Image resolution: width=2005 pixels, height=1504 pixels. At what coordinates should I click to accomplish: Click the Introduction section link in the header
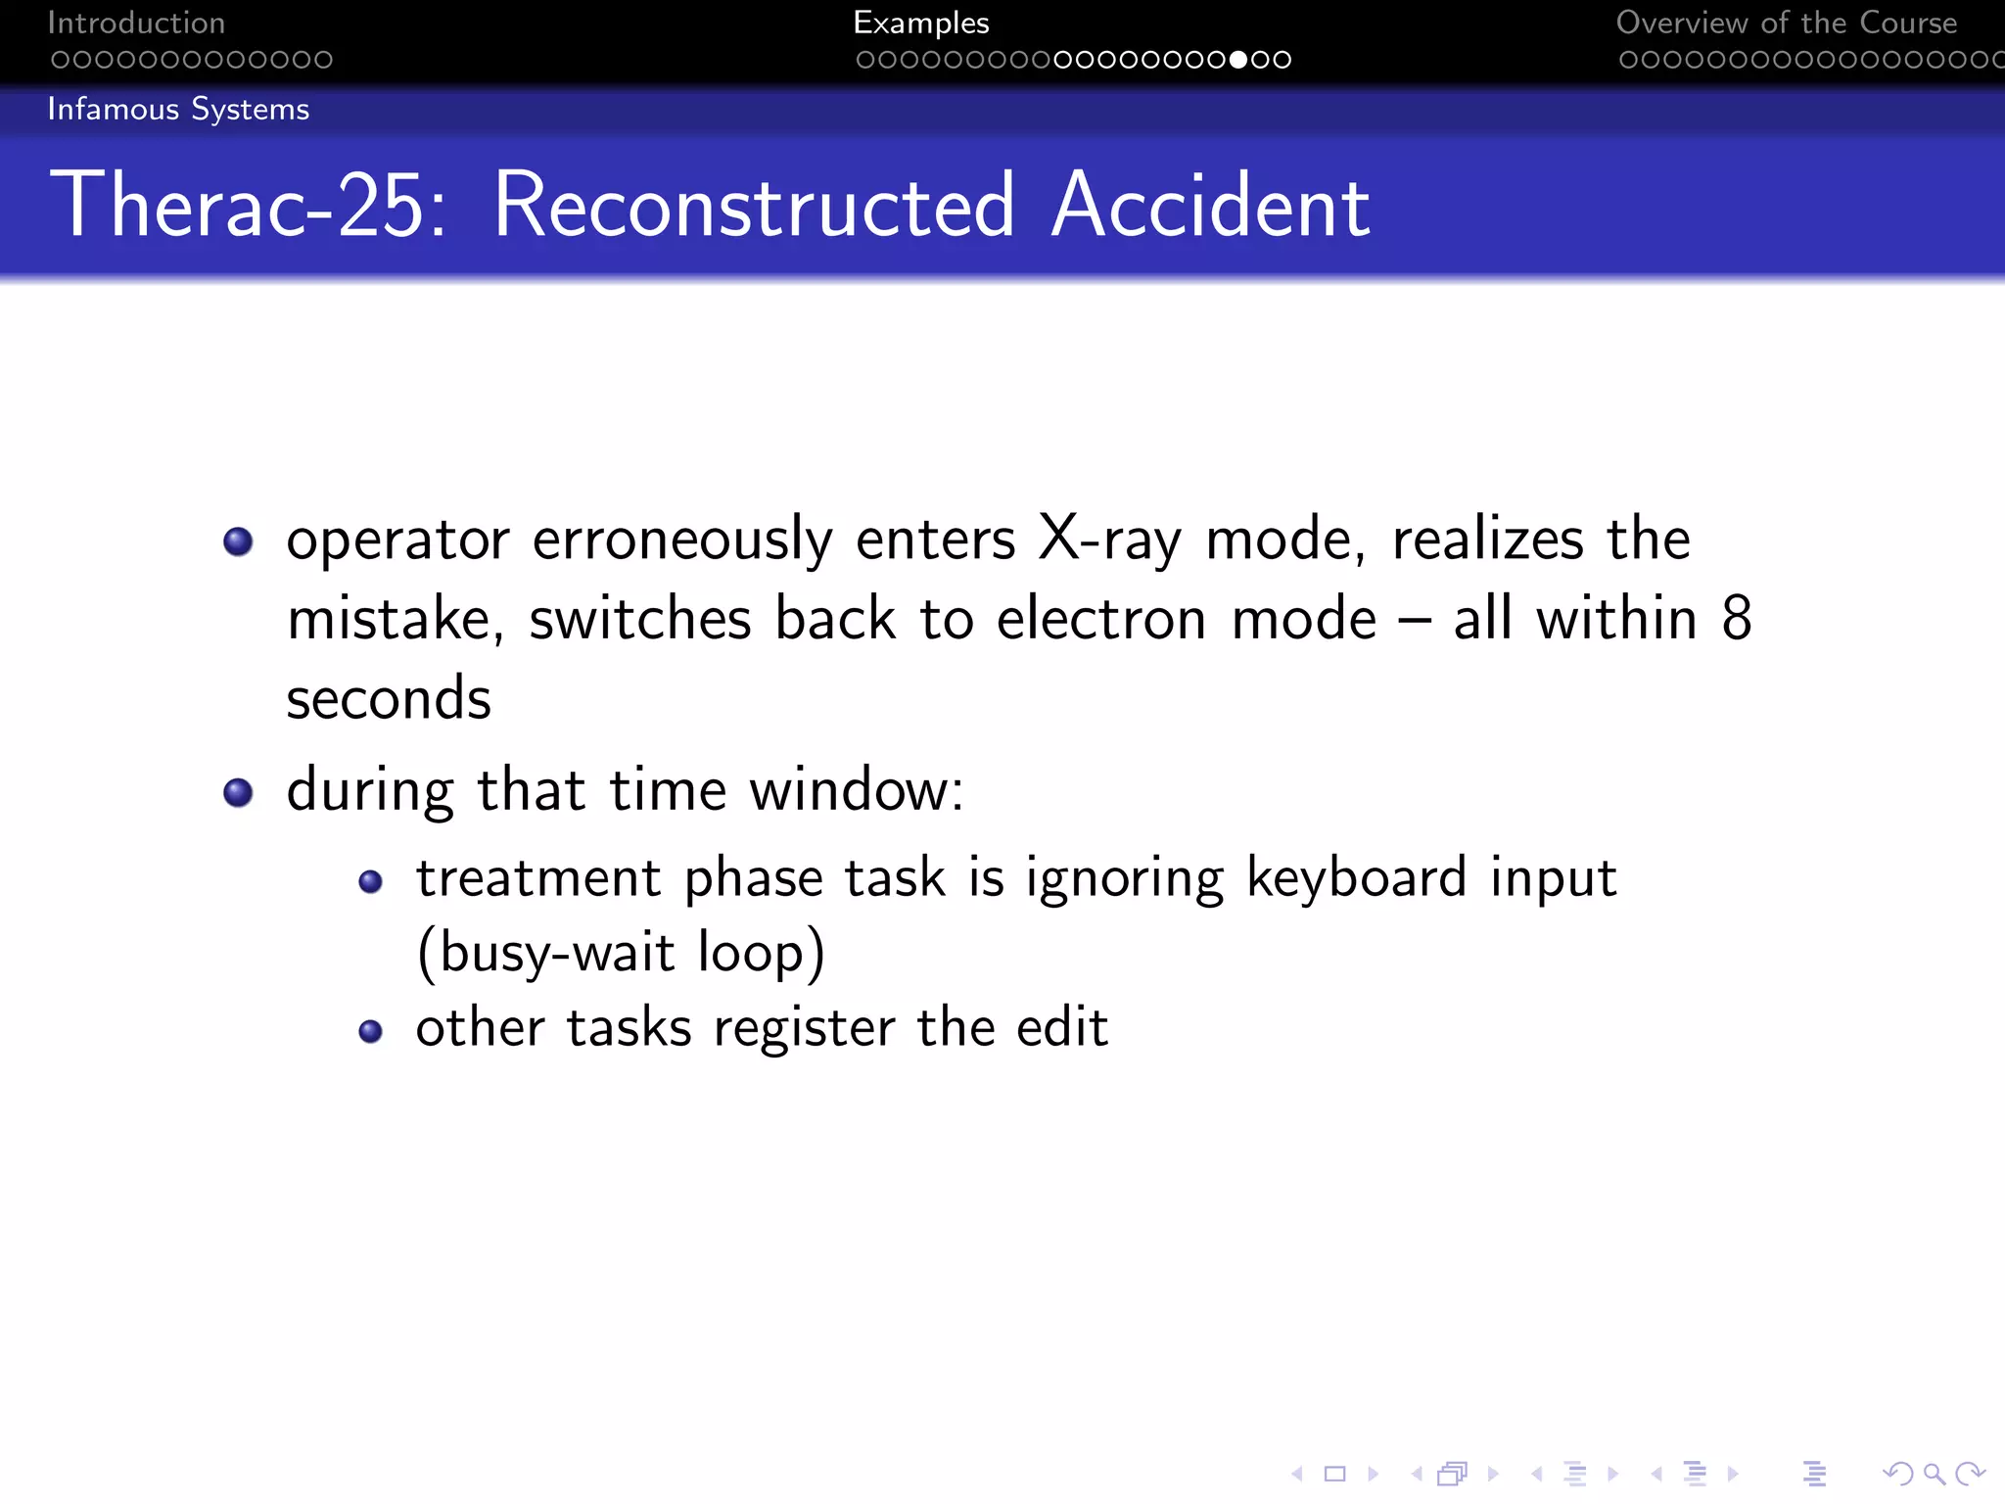(x=136, y=23)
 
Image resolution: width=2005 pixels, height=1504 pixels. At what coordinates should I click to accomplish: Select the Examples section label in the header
(x=920, y=23)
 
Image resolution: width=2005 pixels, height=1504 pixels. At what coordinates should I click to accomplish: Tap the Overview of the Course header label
(x=1786, y=23)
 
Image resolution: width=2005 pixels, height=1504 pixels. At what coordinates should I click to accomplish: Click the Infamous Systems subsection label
(x=178, y=109)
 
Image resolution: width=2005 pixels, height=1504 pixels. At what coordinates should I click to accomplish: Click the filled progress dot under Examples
(x=1238, y=60)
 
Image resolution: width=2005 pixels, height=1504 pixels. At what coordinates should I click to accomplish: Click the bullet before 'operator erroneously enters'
(x=238, y=541)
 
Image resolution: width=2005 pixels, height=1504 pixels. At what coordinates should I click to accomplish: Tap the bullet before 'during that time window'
(x=238, y=792)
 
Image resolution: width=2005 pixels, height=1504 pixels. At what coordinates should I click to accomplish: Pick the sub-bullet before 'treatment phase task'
(x=370, y=882)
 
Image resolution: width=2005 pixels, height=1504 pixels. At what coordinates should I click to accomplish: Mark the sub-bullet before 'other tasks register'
(x=370, y=1031)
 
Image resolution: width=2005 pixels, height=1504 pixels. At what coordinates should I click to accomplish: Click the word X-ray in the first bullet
(x=1109, y=540)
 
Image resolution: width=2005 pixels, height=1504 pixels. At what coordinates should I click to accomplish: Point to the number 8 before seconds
(x=1736, y=619)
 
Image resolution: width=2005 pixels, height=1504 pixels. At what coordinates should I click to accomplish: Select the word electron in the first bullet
(x=1101, y=620)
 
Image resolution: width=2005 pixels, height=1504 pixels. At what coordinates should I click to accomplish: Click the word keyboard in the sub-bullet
(x=1356, y=877)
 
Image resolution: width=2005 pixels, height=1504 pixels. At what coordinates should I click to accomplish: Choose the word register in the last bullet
(x=804, y=1028)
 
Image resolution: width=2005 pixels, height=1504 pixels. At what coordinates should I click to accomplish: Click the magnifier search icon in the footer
(x=1934, y=1473)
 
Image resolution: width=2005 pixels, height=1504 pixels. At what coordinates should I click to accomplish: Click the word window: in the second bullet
(x=857, y=790)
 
